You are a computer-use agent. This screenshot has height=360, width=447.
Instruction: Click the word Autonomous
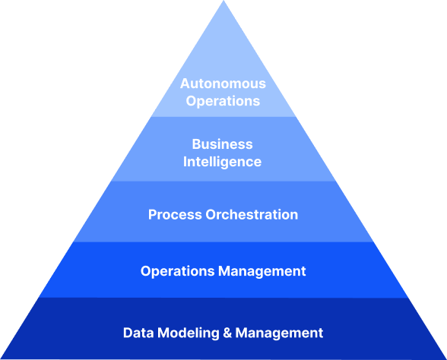(x=223, y=84)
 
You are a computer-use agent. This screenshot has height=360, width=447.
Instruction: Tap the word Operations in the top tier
(x=223, y=102)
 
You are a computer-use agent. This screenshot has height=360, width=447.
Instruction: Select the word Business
(x=222, y=144)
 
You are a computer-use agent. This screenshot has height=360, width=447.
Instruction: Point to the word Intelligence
(x=222, y=162)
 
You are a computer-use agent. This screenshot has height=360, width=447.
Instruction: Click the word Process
(x=175, y=214)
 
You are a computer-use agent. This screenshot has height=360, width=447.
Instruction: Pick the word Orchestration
(x=252, y=214)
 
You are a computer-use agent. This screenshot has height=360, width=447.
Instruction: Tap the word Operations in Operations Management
(x=178, y=271)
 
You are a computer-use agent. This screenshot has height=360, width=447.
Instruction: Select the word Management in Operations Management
(x=262, y=271)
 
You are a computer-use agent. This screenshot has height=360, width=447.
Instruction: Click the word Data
(x=138, y=333)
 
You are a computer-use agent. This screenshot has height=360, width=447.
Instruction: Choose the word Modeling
(x=189, y=333)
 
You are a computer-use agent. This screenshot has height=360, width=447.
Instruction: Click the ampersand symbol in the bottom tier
(x=227, y=333)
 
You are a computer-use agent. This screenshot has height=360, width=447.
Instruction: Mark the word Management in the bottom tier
(x=279, y=333)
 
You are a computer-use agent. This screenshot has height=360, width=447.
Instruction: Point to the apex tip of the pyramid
(x=223, y=1)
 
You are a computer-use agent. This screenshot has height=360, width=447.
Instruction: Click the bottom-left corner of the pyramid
(x=1, y=358)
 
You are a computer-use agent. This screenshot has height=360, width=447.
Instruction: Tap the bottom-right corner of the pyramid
(x=446, y=358)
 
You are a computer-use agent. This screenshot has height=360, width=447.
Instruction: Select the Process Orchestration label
(x=223, y=214)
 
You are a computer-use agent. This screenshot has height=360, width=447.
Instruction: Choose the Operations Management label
(x=223, y=271)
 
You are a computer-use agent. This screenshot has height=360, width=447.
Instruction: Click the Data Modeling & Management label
(x=223, y=333)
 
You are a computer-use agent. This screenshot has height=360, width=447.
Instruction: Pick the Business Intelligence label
(x=222, y=153)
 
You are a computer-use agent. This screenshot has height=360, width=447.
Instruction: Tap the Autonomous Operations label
(x=223, y=93)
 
